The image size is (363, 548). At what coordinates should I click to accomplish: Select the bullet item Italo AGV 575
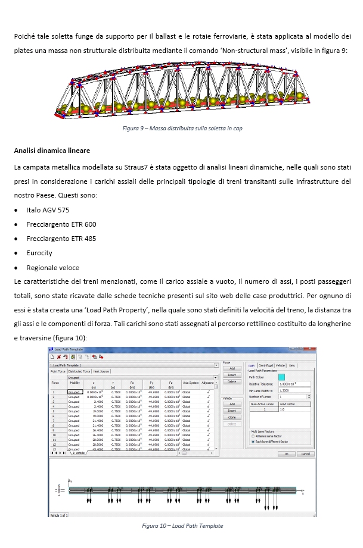(48, 210)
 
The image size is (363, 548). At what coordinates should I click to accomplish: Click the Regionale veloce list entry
(52, 268)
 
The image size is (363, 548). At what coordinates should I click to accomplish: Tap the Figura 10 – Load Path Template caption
(182, 525)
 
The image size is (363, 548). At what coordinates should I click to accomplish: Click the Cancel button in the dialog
(305, 453)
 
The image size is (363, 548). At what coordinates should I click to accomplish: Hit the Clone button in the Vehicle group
(232, 417)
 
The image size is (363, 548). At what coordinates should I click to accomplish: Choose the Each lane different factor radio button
(253, 442)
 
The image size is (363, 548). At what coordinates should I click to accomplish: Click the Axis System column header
(190, 383)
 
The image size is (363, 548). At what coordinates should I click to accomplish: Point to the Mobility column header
(75, 383)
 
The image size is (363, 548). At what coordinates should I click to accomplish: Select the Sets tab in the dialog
(292, 365)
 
